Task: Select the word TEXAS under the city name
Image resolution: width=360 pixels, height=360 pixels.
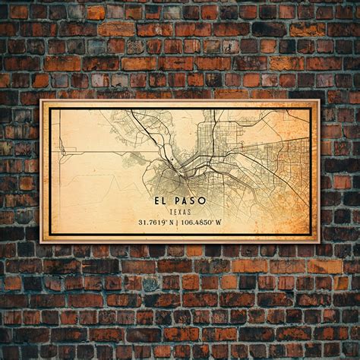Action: pos(180,212)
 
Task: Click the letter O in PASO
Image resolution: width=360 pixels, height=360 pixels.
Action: pos(202,201)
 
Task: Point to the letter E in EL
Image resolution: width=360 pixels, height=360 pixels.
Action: pos(155,201)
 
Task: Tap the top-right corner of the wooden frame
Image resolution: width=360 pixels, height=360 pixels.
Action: pos(319,100)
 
